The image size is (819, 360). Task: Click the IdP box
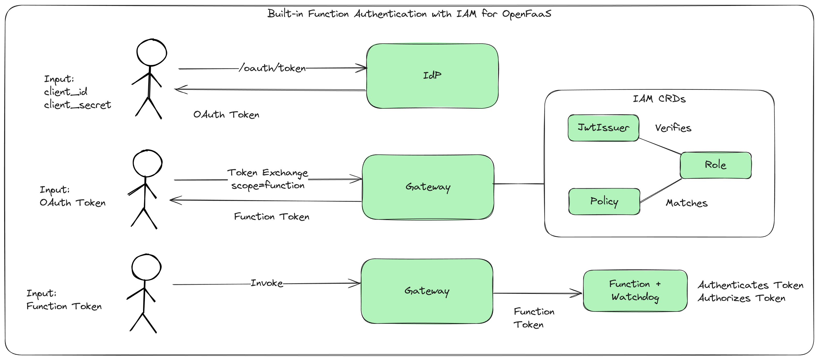click(432, 76)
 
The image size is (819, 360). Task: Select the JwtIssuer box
click(603, 128)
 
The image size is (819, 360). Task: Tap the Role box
click(715, 165)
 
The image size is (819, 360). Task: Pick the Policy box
click(604, 201)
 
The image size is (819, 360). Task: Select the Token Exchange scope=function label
click(268, 179)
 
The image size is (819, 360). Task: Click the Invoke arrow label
click(267, 283)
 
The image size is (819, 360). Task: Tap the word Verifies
click(673, 128)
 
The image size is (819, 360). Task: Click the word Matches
click(687, 203)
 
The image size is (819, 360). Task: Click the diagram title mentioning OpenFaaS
click(409, 14)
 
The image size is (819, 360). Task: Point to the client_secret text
click(77, 105)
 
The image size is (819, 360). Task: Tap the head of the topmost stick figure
click(152, 53)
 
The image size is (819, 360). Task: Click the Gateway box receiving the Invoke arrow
click(427, 291)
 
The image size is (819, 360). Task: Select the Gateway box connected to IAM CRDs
click(428, 187)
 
